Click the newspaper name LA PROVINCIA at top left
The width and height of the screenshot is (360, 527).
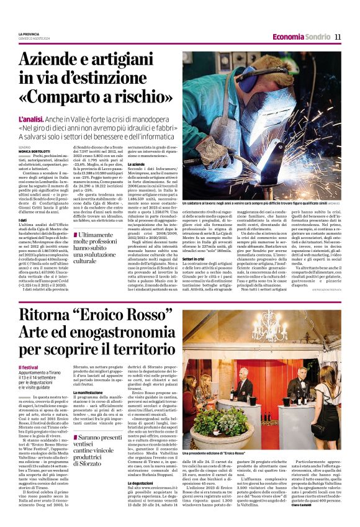coord(29,34)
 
